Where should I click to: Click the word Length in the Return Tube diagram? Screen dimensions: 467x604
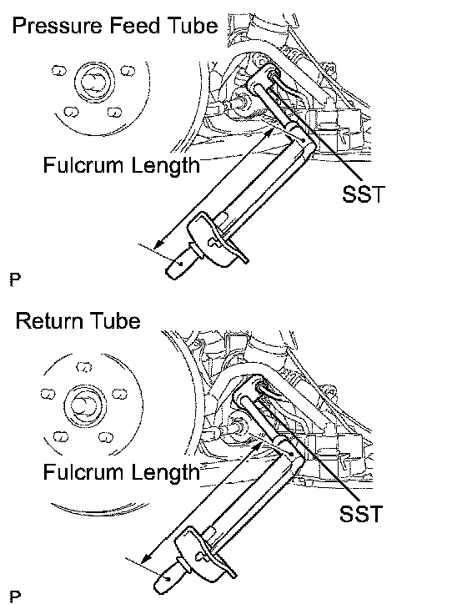(166, 473)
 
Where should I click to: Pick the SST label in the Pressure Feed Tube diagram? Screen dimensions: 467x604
(364, 194)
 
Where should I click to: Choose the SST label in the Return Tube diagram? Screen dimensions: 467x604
(361, 513)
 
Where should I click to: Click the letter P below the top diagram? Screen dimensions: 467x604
(15, 279)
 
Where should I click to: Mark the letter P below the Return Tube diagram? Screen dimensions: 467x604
(15, 596)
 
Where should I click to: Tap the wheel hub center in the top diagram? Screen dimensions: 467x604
(94, 83)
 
